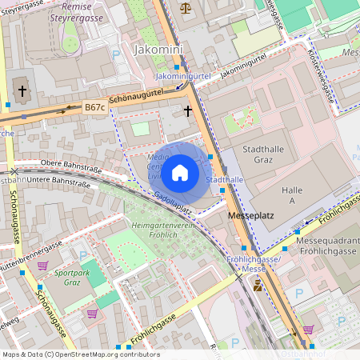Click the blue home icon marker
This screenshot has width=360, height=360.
click(180, 173)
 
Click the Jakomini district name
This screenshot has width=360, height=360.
click(158, 50)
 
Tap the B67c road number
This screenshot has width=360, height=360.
click(94, 106)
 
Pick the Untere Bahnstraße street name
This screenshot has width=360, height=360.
click(61, 182)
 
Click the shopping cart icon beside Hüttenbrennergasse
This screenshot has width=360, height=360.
click(42, 266)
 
